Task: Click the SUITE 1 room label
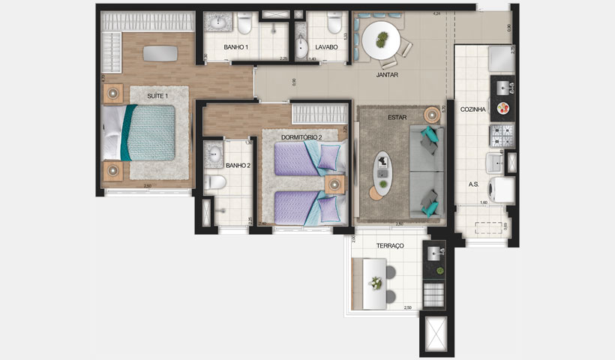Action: click(x=157, y=96)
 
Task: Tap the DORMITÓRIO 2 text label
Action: click(x=301, y=137)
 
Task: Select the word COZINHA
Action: click(x=473, y=109)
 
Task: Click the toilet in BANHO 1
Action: click(x=244, y=26)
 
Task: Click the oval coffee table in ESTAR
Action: click(x=384, y=173)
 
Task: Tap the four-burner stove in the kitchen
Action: click(x=500, y=136)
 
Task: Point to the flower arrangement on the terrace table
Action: click(x=376, y=282)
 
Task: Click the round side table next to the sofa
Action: click(x=432, y=115)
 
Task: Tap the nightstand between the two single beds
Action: click(x=335, y=184)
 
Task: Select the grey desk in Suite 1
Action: click(x=161, y=53)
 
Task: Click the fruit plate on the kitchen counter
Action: click(x=503, y=108)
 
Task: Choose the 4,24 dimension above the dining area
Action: click(x=436, y=13)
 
